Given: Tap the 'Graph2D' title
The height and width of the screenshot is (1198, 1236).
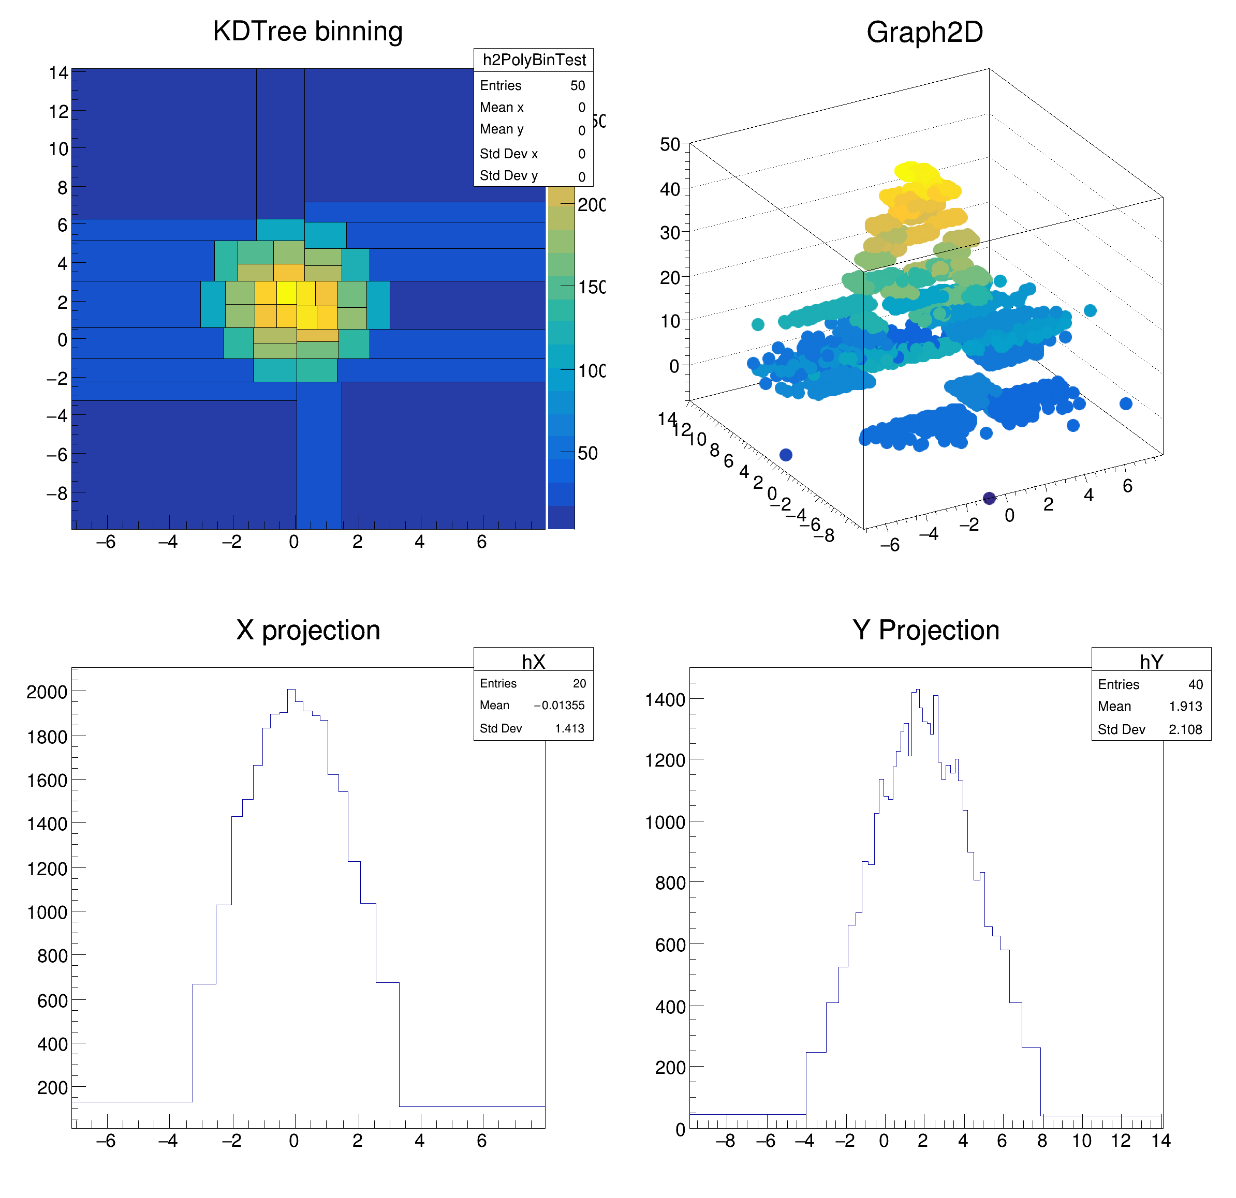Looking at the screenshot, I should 924,32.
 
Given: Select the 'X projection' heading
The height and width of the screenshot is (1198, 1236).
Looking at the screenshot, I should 308,630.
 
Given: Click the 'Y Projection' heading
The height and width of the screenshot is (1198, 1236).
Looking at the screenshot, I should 926,630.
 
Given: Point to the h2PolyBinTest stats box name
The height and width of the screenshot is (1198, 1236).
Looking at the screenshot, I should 534,60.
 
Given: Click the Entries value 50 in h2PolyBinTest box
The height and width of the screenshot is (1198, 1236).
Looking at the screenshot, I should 578,86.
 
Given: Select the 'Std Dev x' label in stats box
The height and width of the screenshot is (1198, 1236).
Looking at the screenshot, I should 508,154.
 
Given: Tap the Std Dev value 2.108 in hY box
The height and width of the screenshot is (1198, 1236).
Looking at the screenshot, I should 1186,729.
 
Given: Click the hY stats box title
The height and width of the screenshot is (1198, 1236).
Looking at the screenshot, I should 1151,662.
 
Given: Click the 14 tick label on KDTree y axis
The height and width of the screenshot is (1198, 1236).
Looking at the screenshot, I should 58,73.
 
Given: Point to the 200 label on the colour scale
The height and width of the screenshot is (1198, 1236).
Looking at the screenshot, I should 592,205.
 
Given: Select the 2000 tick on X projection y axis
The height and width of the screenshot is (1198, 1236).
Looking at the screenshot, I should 47,692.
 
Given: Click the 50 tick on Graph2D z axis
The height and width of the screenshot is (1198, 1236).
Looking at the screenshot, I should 670,144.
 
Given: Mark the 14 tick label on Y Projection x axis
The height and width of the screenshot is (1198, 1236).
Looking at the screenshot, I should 1160,1141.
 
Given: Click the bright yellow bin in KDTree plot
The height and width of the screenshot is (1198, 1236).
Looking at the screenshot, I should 286,292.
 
